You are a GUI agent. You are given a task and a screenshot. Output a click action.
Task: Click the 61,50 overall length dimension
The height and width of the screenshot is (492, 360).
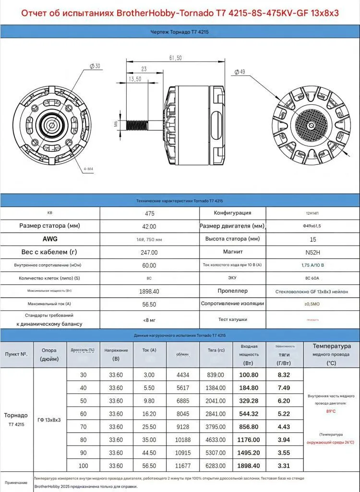click(x=175, y=58)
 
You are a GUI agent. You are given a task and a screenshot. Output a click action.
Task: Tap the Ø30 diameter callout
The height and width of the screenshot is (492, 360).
click(x=95, y=66)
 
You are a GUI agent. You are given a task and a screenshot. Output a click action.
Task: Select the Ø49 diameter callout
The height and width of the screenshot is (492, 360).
click(x=240, y=72)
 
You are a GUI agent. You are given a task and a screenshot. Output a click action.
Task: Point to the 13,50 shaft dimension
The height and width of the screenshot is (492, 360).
click(x=134, y=79)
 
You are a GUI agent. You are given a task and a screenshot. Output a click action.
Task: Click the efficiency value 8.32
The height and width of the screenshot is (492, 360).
click(x=284, y=375)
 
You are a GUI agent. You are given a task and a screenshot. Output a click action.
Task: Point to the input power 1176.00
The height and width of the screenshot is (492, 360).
click(x=249, y=440)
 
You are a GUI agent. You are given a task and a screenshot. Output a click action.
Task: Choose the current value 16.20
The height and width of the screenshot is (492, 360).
click(x=150, y=414)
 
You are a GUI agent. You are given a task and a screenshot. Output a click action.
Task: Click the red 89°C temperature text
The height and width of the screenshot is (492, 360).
click(x=331, y=411)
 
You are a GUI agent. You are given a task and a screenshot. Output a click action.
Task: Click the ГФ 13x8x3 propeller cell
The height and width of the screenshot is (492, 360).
click(x=49, y=420)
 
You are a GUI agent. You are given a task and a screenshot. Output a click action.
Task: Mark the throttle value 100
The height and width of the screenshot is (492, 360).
click(x=84, y=466)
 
